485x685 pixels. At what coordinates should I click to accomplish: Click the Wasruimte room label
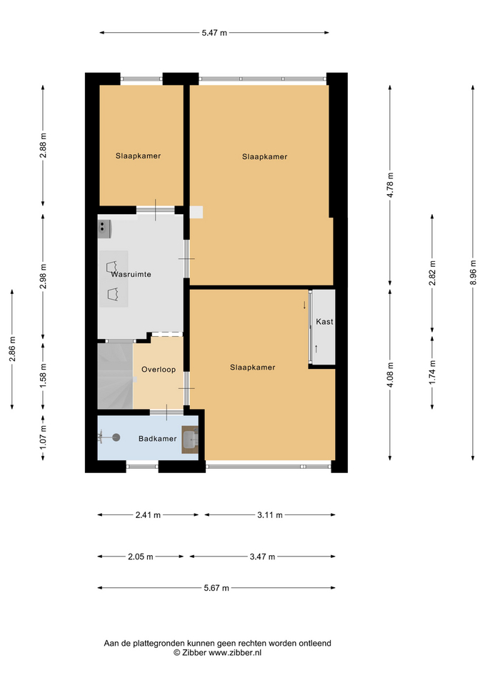click(131, 274)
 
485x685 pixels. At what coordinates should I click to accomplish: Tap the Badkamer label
click(157, 439)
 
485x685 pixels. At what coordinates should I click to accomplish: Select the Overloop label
click(159, 370)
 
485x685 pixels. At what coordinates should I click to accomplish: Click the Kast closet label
click(324, 322)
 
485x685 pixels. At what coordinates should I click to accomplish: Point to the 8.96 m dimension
click(473, 273)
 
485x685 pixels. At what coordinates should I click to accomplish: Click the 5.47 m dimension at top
click(214, 33)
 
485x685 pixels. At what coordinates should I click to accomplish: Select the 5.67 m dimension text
click(216, 588)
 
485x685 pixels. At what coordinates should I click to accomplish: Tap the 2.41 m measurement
click(148, 515)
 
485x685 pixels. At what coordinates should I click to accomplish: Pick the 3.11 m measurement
click(270, 515)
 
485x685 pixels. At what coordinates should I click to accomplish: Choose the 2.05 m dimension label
click(141, 557)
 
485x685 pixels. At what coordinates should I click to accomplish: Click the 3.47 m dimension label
click(262, 557)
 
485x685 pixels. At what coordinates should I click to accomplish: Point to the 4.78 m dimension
click(391, 186)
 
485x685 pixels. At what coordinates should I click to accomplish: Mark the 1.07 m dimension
click(43, 437)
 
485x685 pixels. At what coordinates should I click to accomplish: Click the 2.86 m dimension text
click(12, 349)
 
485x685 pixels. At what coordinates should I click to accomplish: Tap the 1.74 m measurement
click(433, 372)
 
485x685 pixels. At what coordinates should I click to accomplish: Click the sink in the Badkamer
click(190, 440)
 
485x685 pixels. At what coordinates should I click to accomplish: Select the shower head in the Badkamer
click(116, 437)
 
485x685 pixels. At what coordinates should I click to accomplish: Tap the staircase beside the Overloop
click(115, 376)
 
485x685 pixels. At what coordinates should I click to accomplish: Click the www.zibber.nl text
click(235, 653)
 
